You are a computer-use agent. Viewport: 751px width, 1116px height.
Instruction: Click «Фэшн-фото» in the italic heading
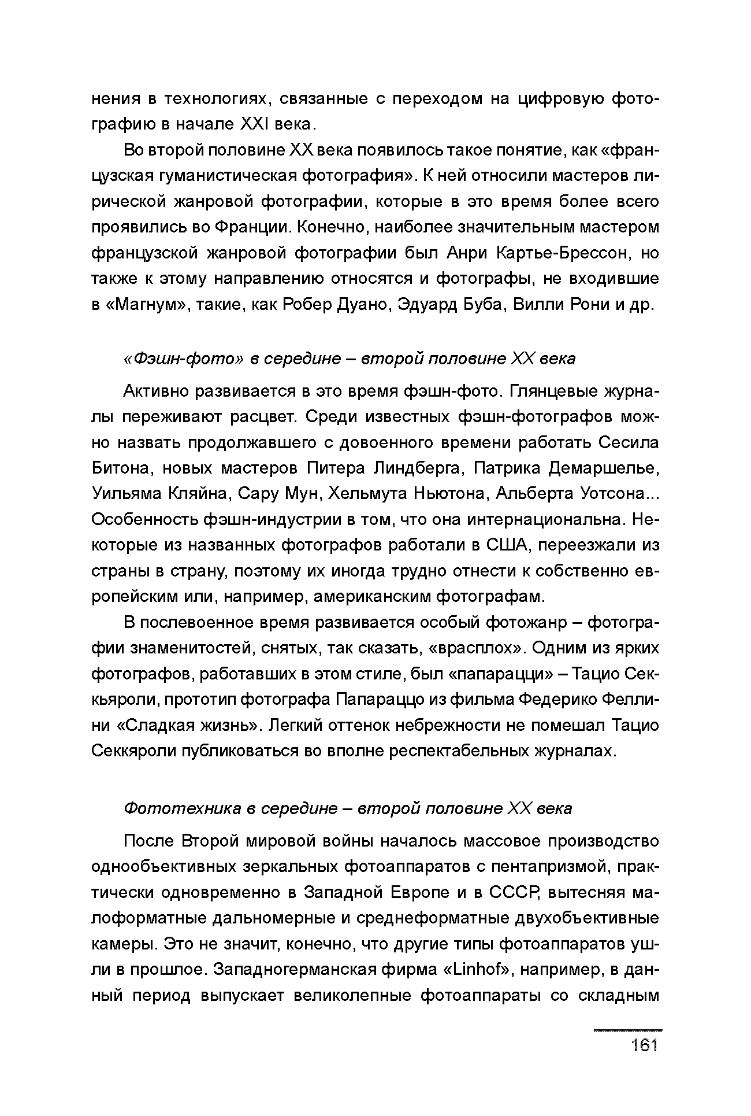point(184,359)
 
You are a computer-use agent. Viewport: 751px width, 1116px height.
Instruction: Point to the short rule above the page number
point(628,1030)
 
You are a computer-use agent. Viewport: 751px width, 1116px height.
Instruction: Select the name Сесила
point(629,442)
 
